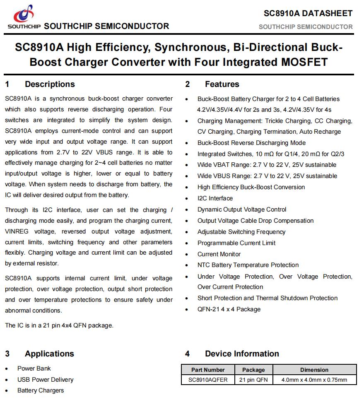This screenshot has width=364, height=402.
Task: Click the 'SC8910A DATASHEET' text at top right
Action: (308, 13)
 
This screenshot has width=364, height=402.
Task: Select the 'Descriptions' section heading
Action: (50, 84)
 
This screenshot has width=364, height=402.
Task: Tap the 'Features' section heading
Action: (222, 84)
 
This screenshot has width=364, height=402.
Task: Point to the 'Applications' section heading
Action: (49, 354)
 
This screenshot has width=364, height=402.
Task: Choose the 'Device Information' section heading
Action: (242, 354)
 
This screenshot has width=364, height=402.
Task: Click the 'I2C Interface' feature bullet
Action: (215, 198)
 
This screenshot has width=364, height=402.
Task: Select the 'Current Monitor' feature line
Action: (219, 254)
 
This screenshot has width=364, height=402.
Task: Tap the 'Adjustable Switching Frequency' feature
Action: (241, 232)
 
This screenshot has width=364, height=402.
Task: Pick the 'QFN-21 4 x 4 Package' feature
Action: (229, 309)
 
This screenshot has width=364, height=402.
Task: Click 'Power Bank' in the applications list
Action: (34, 368)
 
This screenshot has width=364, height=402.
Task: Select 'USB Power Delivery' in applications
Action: (45, 380)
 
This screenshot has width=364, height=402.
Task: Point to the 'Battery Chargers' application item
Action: (41, 390)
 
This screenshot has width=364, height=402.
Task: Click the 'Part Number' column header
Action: (208, 370)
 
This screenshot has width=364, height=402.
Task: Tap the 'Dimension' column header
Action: (314, 370)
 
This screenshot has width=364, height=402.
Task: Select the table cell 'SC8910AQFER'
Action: (208, 380)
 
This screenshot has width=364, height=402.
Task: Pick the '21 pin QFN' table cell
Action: (253, 380)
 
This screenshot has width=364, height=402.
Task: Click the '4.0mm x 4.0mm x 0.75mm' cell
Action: (314, 380)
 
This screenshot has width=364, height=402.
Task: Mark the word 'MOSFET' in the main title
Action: (296, 63)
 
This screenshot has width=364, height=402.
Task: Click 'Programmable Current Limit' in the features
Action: (236, 243)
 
